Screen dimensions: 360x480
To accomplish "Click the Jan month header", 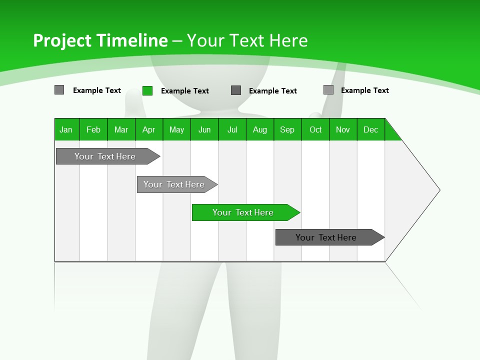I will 66,129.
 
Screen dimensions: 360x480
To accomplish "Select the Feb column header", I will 93,129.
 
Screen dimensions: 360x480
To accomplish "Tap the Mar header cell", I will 121,129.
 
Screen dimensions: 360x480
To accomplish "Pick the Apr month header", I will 149,129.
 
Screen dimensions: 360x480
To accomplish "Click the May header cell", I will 176,129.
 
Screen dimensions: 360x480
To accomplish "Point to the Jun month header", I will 204,129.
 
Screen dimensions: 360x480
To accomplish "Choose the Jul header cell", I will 232,129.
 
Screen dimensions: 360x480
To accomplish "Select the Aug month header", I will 260,129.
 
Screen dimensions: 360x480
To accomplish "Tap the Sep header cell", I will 287,129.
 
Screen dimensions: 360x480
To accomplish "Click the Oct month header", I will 315,129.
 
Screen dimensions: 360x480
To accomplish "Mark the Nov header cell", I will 343,129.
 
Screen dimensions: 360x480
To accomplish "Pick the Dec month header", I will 371,129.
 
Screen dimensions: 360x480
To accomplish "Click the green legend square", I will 147,90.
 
